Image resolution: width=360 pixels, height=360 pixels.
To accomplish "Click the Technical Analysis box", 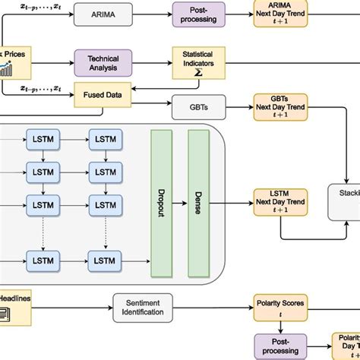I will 103,62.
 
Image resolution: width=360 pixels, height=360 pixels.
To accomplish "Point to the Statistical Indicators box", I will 197,62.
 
